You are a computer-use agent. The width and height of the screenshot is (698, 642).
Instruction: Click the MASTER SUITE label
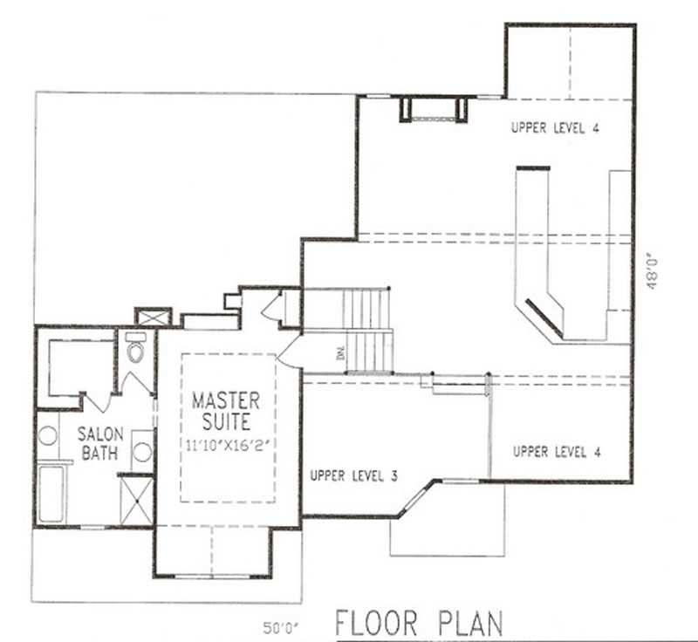point(226,412)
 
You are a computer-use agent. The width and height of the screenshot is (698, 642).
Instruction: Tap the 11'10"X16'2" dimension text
point(226,442)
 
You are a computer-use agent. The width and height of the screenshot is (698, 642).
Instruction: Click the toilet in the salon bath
point(135,350)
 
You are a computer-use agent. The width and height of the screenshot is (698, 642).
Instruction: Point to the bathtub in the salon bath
point(51,495)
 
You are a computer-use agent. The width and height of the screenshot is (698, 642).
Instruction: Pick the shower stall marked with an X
point(135,499)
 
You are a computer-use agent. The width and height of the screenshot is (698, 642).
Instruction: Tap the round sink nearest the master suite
point(142,452)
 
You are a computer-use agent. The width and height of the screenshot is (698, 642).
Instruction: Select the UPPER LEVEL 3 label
point(353,476)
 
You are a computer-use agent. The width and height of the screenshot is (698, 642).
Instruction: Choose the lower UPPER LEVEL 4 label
point(556,452)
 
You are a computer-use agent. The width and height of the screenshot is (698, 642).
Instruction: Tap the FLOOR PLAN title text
point(420,624)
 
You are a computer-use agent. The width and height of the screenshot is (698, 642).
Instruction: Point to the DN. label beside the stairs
point(338,353)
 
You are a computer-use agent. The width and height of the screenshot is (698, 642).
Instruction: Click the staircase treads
point(366,330)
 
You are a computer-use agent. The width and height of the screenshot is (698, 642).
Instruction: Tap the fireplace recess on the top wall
point(434,110)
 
